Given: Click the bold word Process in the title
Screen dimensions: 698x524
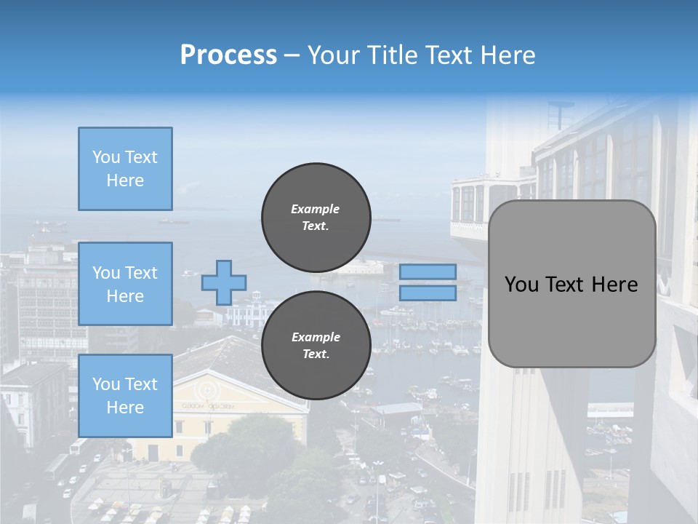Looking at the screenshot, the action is click(228, 55).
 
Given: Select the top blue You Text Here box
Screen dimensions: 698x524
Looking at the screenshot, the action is click(126, 169).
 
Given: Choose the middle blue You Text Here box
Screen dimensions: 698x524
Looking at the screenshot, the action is click(126, 284).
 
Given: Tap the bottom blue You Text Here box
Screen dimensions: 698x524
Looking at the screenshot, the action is click(126, 396).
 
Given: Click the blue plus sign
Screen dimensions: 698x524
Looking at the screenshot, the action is click(224, 283).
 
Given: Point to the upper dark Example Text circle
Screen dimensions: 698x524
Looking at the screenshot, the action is click(316, 218).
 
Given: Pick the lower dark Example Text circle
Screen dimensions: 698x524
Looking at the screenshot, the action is click(316, 345).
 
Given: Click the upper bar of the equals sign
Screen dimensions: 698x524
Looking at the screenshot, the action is click(428, 271).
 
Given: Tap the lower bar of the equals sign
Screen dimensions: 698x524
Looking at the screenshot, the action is click(428, 293).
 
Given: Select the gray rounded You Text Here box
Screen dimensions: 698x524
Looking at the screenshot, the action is click(572, 284).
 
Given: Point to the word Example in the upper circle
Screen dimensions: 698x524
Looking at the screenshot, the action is click(315, 209).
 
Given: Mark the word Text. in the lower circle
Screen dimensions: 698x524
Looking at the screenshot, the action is click(316, 354).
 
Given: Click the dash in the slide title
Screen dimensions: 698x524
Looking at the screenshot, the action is click(292, 57).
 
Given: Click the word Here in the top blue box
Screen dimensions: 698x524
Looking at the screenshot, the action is click(125, 180).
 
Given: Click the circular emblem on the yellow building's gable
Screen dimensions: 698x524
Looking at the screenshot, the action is click(207, 391).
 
